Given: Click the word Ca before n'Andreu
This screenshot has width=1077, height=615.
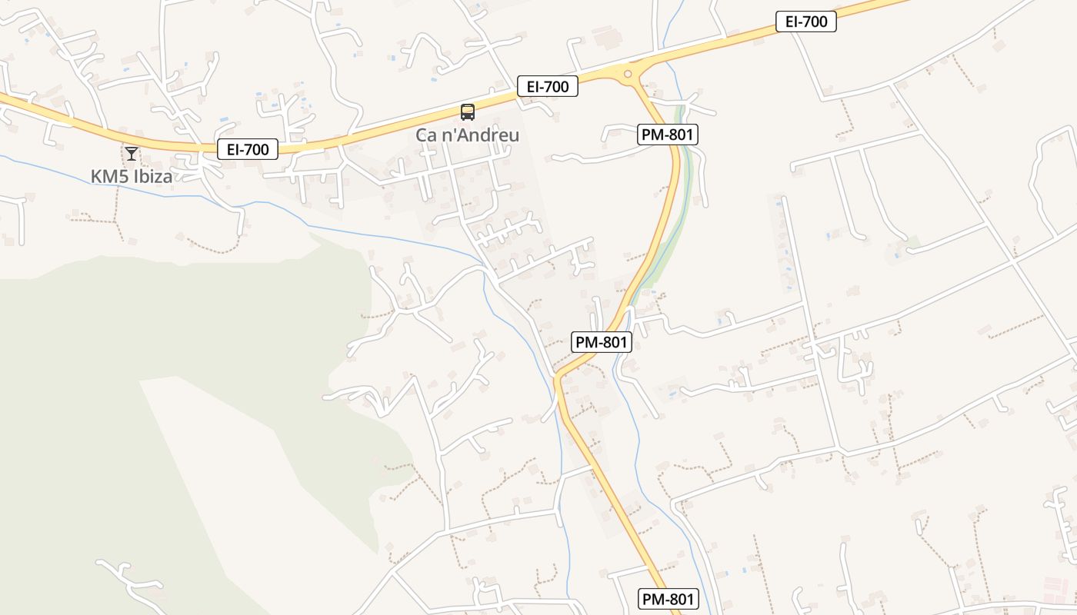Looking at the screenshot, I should (x=428, y=135).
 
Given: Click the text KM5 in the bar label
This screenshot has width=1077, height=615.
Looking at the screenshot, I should (x=107, y=176).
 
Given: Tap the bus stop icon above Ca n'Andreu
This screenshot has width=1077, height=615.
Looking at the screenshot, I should (x=467, y=112).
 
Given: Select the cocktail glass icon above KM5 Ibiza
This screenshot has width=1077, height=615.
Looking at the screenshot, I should (x=132, y=153).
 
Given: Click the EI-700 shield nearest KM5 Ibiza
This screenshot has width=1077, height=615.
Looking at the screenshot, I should (x=248, y=149).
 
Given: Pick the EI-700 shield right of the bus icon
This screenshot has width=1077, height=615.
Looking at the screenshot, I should (x=548, y=87).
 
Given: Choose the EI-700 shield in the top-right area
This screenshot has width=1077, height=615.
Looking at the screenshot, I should (x=805, y=22).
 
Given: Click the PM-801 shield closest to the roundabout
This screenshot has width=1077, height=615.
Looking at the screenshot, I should (x=668, y=135).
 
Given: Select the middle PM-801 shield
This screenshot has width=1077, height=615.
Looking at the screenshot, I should (x=601, y=342).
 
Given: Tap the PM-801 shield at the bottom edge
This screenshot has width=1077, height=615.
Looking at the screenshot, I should (x=668, y=599).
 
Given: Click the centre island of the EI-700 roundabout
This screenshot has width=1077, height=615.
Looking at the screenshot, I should (x=629, y=75).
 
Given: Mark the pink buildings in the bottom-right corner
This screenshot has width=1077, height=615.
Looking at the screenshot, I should (x=1059, y=588).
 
